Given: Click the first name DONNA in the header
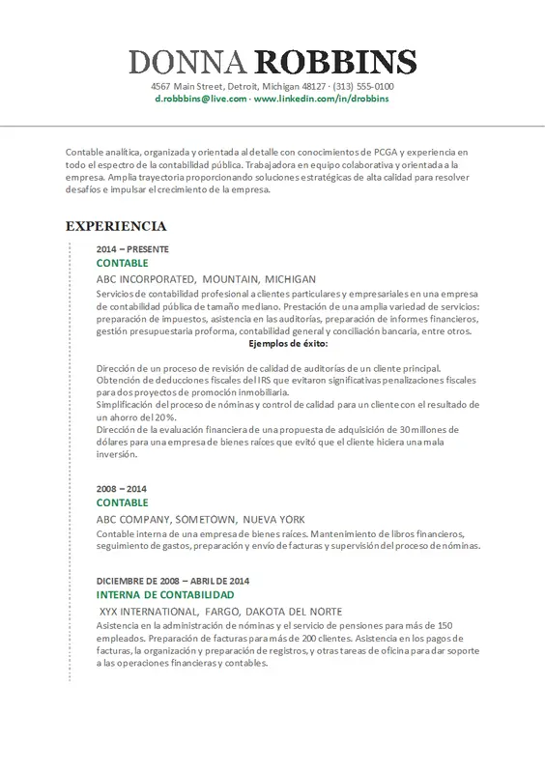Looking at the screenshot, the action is (187, 64).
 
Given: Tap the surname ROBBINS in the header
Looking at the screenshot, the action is (335, 64).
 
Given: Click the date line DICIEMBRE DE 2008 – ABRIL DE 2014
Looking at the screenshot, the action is (173, 580).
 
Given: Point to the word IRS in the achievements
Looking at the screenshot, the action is (241, 380).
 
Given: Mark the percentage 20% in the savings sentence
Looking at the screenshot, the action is (176, 416).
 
